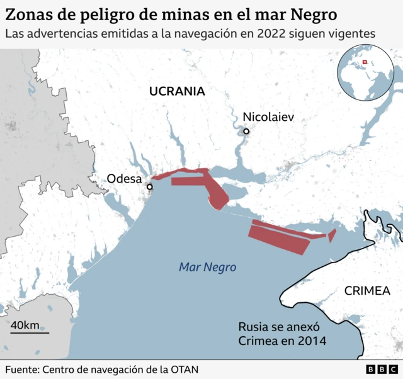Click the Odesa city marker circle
point(150,187)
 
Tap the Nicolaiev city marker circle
point(247,132)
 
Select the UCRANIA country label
point(177,91)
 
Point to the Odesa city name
point(124,179)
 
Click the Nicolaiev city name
point(268,117)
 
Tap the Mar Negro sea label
point(207,268)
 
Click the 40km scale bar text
point(25,325)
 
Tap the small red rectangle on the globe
point(363,62)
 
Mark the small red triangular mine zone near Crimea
point(332,235)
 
